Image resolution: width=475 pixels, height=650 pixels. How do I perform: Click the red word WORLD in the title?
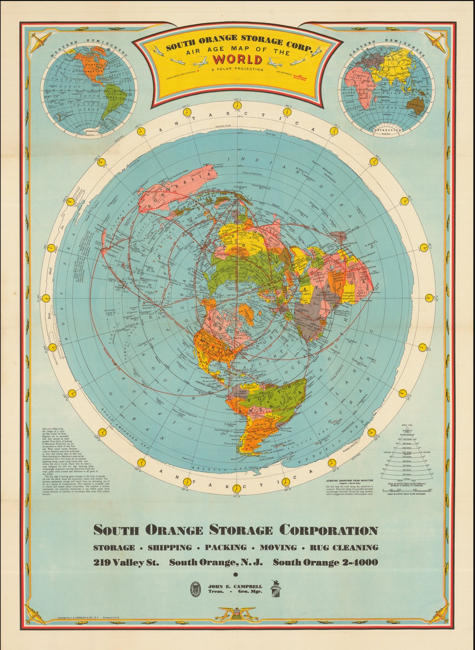pos(237,59)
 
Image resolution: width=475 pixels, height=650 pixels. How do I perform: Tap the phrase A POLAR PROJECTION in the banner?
pos(237,69)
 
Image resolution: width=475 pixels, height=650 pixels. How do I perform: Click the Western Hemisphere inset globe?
pos(90,87)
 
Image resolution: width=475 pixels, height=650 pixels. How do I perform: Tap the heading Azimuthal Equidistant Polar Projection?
pos(349,481)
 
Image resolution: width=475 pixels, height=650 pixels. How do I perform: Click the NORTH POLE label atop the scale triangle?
pos(407,426)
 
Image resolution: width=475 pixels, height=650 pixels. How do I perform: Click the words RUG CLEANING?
pos(344,548)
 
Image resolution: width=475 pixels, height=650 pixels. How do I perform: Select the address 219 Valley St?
pos(126,563)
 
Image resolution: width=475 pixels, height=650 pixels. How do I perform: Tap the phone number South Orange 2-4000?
pos(325,563)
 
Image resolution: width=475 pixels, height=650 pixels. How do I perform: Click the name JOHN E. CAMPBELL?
pos(235,586)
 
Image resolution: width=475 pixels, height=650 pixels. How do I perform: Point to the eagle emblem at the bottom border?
pos(237,613)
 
